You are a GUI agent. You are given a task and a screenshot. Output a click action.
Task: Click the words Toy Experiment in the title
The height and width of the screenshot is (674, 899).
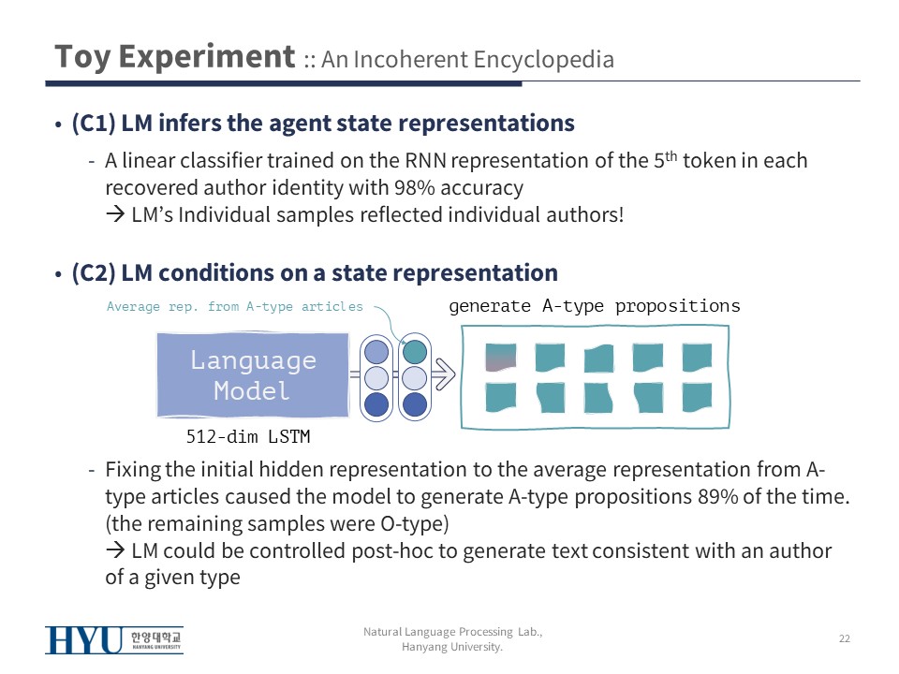point(175,57)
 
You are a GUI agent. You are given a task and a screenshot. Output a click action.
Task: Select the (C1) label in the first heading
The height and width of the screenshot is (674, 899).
point(94,124)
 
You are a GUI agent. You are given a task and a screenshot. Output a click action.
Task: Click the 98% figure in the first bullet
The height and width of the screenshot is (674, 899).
point(415,187)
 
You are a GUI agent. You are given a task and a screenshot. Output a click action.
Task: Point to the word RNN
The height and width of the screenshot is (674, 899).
point(425,161)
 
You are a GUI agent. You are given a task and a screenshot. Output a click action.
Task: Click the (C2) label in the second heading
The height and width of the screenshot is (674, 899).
point(94,272)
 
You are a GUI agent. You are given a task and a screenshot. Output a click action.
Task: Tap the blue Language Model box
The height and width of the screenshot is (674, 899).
point(253,374)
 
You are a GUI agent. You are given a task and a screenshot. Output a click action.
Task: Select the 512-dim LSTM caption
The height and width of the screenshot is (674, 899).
point(247,437)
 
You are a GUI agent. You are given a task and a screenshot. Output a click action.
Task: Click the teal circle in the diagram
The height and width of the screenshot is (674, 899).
point(415,352)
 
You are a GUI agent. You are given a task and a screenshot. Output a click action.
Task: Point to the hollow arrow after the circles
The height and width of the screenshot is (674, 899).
point(443,374)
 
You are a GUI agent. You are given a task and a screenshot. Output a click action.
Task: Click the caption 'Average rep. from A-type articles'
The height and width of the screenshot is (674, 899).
point(234,307)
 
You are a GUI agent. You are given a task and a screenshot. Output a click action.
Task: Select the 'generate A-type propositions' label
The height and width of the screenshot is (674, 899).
point(595,307)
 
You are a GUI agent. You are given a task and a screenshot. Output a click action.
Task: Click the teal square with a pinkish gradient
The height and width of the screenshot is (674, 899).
point(500,357)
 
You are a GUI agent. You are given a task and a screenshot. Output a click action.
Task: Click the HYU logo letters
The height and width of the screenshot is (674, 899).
point(83,640)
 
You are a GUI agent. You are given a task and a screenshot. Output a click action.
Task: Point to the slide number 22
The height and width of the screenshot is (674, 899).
point(845,638)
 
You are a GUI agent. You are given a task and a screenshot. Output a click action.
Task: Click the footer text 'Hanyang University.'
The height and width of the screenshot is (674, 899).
point(452,647)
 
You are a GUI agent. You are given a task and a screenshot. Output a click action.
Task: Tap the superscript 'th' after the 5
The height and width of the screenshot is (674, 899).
point(671,155)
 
